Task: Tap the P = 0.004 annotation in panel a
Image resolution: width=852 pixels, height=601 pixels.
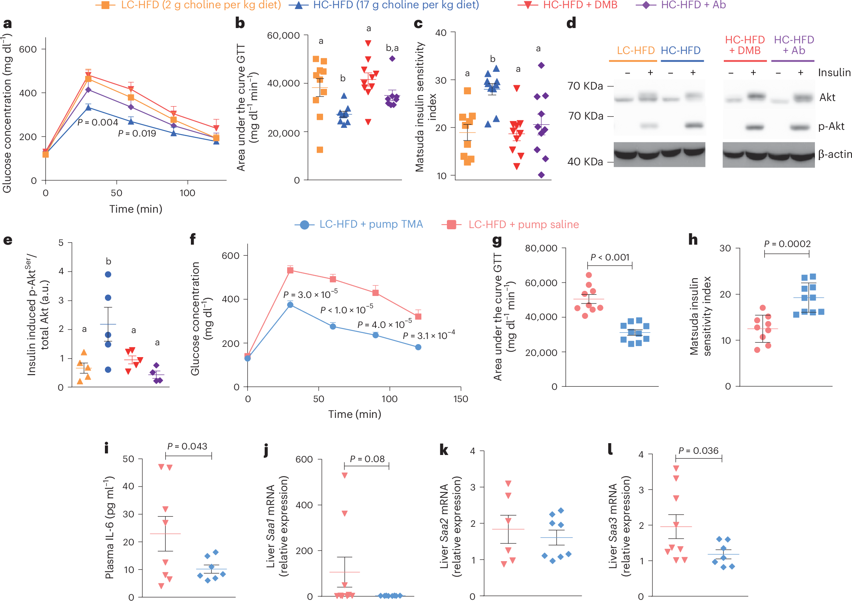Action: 98,122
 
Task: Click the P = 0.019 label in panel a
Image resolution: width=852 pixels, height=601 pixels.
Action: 137,133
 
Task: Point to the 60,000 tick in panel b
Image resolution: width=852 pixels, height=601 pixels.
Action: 283,36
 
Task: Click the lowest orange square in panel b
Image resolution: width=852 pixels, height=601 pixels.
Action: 320,150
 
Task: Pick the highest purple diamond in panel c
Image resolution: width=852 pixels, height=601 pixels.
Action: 542,65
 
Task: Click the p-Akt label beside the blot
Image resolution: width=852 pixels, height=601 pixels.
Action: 831,126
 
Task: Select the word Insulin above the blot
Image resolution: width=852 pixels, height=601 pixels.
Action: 834,73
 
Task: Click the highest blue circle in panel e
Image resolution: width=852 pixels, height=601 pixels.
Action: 108,274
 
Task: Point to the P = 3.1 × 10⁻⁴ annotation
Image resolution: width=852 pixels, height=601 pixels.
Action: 429,335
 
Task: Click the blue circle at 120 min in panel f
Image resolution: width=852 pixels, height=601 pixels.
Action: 418,347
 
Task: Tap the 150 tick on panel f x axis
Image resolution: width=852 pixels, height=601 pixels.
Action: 461,399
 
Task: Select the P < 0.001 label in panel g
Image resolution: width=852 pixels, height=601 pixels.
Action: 609,257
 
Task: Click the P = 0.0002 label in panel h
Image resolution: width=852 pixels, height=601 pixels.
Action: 787,244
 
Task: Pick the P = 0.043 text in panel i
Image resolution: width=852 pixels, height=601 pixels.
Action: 187,446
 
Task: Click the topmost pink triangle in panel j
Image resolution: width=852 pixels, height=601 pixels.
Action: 345,476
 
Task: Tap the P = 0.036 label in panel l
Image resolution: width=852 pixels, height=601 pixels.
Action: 699,451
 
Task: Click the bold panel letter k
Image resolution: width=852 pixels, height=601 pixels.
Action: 444,450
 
